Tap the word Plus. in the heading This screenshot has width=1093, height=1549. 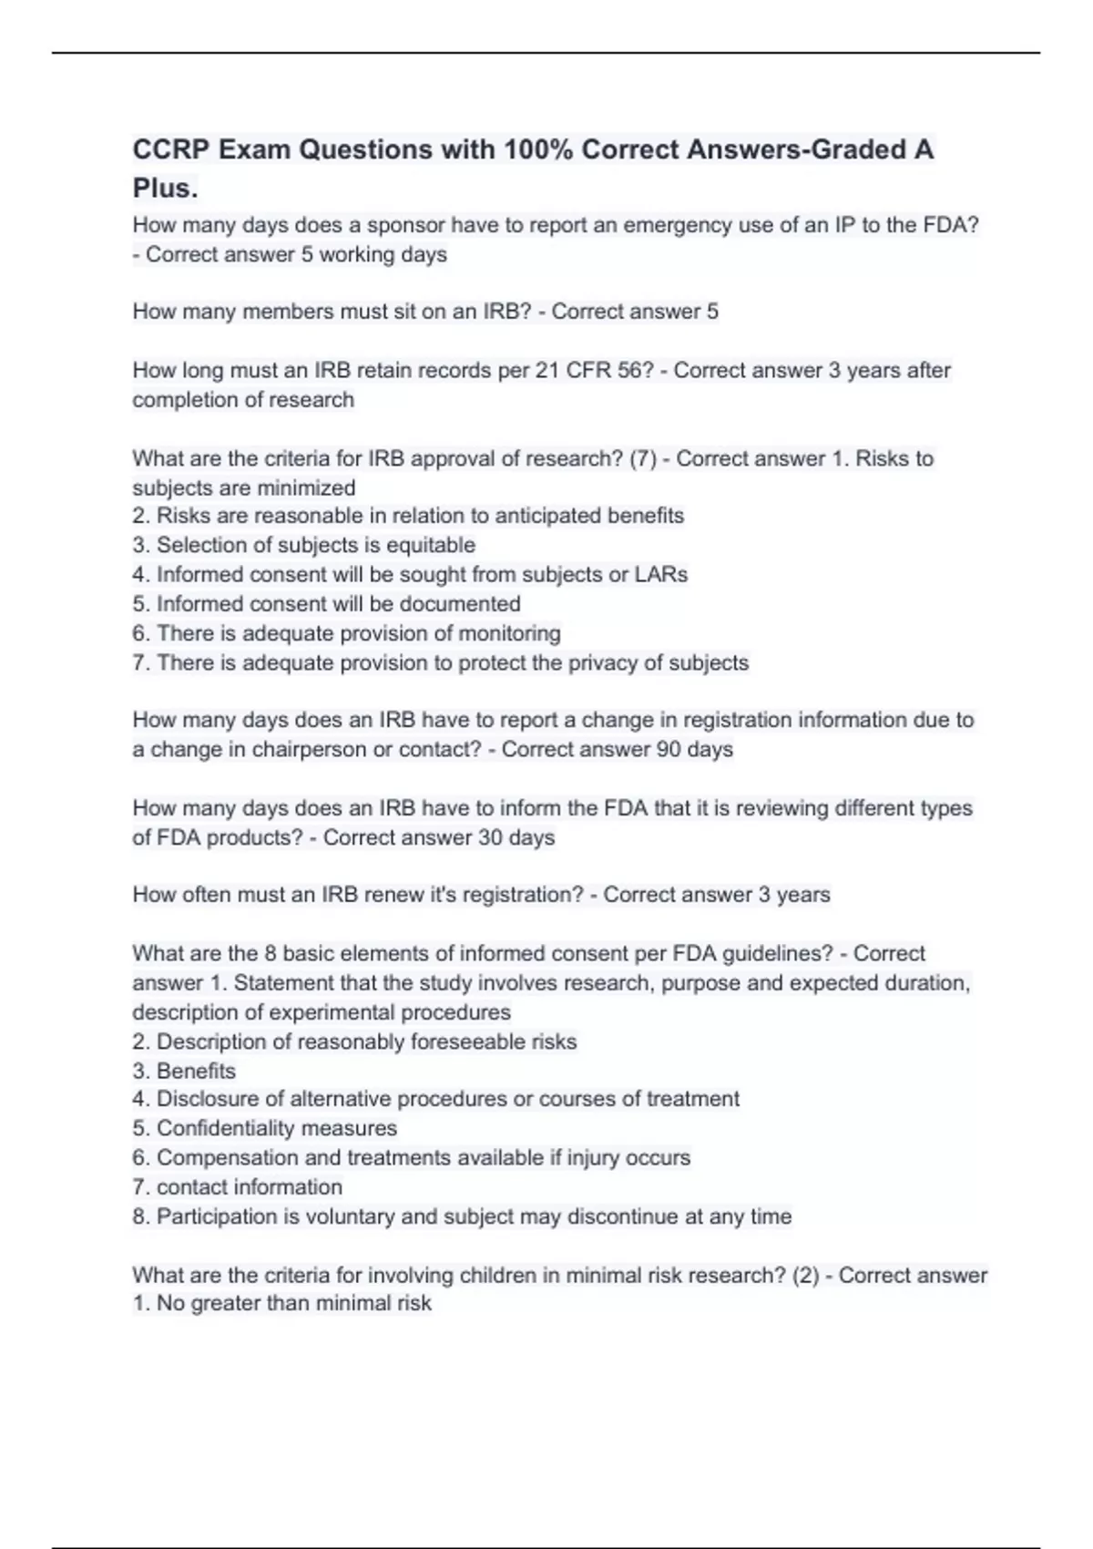(165, 188)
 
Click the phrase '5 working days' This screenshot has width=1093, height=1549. (373, 254)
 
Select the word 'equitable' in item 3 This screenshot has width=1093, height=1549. (431, 545)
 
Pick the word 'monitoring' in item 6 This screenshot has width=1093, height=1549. (509, 633)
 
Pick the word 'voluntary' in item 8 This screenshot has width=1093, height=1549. (349, 1216)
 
